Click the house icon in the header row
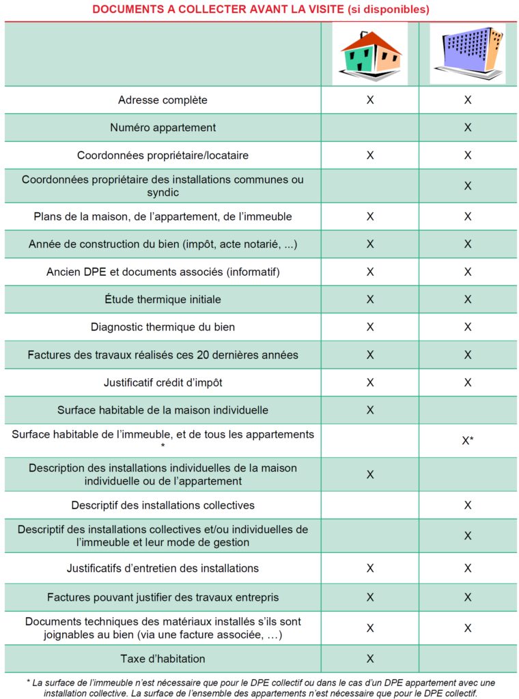click(369, 55)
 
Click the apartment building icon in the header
click(467, 53)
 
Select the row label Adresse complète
click(163, 100)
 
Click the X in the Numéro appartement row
click(468, 128)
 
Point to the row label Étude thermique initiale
click(163, 299)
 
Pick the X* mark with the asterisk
click(468, 441)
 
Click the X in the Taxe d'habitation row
click(370, 659)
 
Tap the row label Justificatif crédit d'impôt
click(163, 382)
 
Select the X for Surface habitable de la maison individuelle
click(370, 410)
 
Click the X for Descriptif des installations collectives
click(468, 505)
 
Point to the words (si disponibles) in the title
click(388, 10)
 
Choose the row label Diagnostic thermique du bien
click(163, 327)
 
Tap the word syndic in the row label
click(163, 192)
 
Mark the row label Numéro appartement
click(163, 128)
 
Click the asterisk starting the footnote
click(29, 682)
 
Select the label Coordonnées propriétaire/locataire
click(163, 155)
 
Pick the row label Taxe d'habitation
click(163, 659)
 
